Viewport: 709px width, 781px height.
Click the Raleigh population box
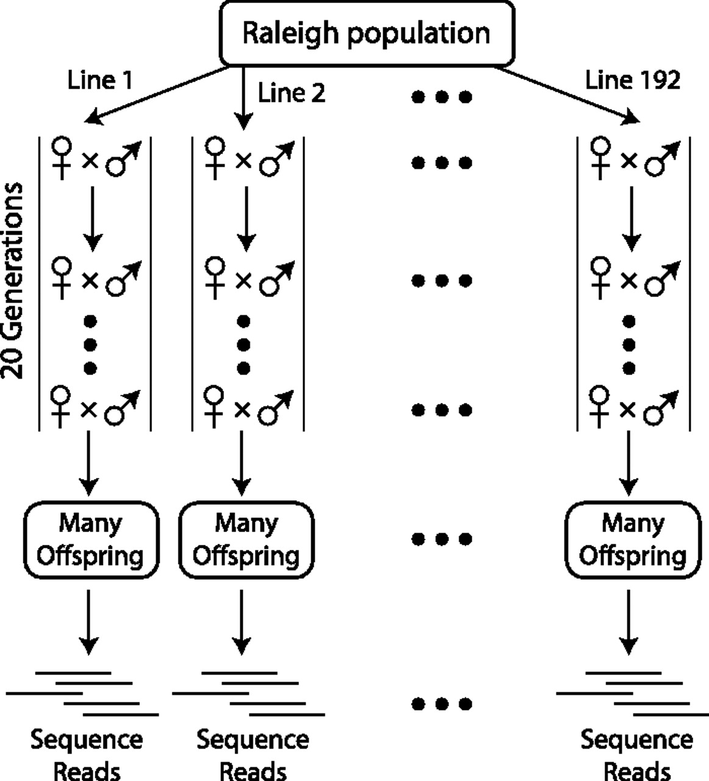[x=366, y=33]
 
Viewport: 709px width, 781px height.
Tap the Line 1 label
[x=99, y=80]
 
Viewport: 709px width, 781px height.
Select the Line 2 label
[x=292, y=93]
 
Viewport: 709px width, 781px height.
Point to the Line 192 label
[x=633, y=80]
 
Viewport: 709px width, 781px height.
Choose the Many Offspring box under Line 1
[x=91, y=539]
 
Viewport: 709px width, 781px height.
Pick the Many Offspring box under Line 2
[x=246, y=539]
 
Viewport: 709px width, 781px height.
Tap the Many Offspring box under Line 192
[x=633, y=539]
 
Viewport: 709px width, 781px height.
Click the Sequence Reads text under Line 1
[x=87, y=754]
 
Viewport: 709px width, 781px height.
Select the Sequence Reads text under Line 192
[x=636, y=754]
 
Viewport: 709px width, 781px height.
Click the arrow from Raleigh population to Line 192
[x=567, y=95]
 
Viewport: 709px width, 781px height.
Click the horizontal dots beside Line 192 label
[x=442, y=96]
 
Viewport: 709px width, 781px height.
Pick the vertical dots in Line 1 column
[x=90, y=344]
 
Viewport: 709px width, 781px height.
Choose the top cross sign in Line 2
[x=243, y=161]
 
